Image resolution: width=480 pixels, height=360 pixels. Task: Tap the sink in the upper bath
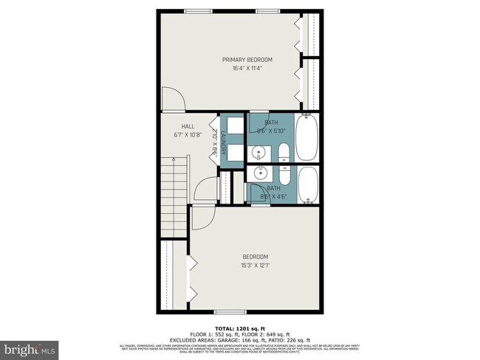[x=258, y=153]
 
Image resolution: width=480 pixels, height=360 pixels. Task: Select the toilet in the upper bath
[x=284, y=153]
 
